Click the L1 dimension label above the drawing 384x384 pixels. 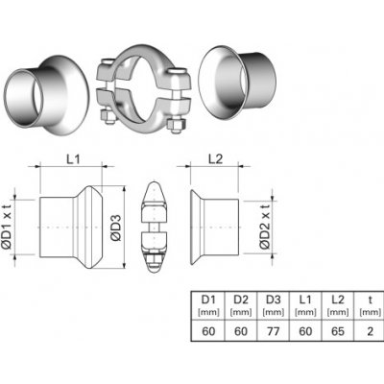73,159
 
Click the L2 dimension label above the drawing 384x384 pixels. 216,159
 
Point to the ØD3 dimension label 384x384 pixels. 116,228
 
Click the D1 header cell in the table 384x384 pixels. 208,305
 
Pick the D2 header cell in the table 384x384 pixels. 241,305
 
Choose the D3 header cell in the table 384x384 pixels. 274,305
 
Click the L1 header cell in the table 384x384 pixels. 305,305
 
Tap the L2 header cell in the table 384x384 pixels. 338,305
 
